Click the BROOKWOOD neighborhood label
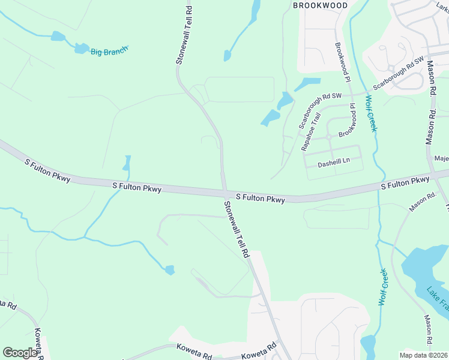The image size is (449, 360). pyautogui.click(x=320, y=5)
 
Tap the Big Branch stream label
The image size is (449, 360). pyautogui.click(x=109, y=52)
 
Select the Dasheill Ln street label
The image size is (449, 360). pyautogui.click(x=334, y=161)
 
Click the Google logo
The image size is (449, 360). pyautogui.click(x=20, y=353)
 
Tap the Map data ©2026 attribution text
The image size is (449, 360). pyautogui.click(x=423, y=355)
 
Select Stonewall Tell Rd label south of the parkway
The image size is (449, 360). pyautogui.click(x=236, y=229)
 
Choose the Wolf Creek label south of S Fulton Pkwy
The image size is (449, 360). pyautogui.click(x=382, y=287)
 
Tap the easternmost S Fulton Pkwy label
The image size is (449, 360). pyautogui.click(x=405, y=183)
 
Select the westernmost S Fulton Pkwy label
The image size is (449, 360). pyautogui.click(x=47, y=171)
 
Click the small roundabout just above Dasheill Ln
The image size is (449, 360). pyautogui.click(x=329, y=137)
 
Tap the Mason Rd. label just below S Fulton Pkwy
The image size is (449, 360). pyautogui.click(x=423, y=202)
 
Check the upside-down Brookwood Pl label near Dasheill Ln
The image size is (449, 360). pyautogui.click(x=348, y=119)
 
